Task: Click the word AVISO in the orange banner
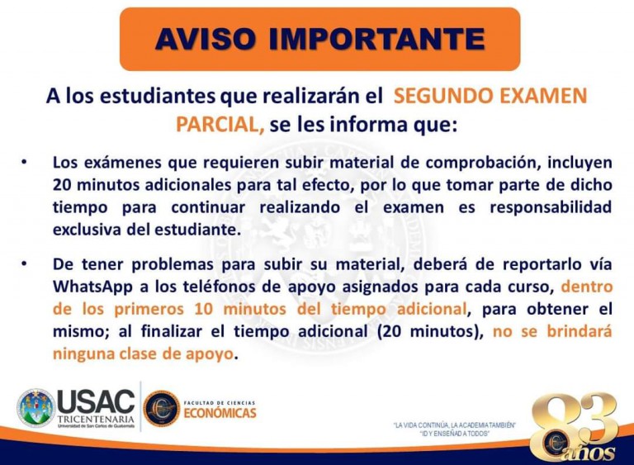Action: click(x=205, y=39)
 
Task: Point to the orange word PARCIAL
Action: click(x=220, y=124)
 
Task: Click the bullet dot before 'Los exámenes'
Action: click(x=24, y=162)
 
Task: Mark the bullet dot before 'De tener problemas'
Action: click(x=24, y=263)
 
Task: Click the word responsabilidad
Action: click(x=551, y=207)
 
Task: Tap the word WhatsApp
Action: click(x=92, y=287)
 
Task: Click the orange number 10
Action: click(x=204, y=309)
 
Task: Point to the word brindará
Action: click(x=580, y=331)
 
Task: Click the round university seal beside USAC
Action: click(x=35, y=408)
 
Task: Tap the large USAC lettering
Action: click(x=97, y=401)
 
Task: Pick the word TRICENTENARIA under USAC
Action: click(x=96, y=419)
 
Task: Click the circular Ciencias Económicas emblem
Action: click(x=162, y=408)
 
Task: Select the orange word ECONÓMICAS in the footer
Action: click(x=220, y=413)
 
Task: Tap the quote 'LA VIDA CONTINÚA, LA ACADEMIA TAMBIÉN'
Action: click(x=455, y=425)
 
